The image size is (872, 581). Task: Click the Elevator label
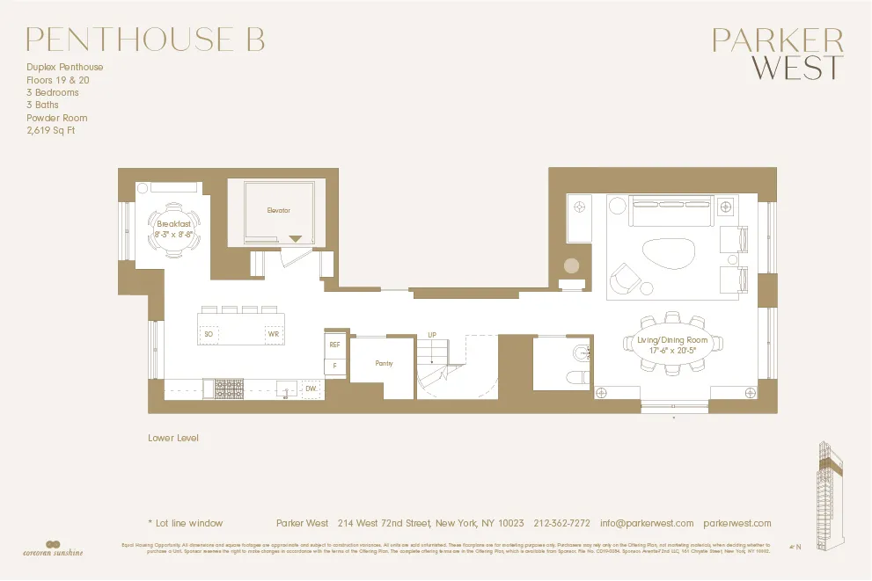[279, 211]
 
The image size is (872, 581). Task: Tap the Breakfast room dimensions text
[173, 235]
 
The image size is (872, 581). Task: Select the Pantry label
[383, 363]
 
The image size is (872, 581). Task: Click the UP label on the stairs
[432, 335]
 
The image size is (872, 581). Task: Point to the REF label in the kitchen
[334, 345]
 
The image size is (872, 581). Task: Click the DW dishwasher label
[311, 388]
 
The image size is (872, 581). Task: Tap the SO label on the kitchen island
[209, 334]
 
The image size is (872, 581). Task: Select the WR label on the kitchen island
[273, 334]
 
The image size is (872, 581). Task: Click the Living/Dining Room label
[672, 340]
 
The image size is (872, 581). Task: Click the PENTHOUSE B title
[145, 39]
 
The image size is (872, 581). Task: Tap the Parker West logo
[777, 54]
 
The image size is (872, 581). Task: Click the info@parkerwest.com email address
[647, 523]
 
